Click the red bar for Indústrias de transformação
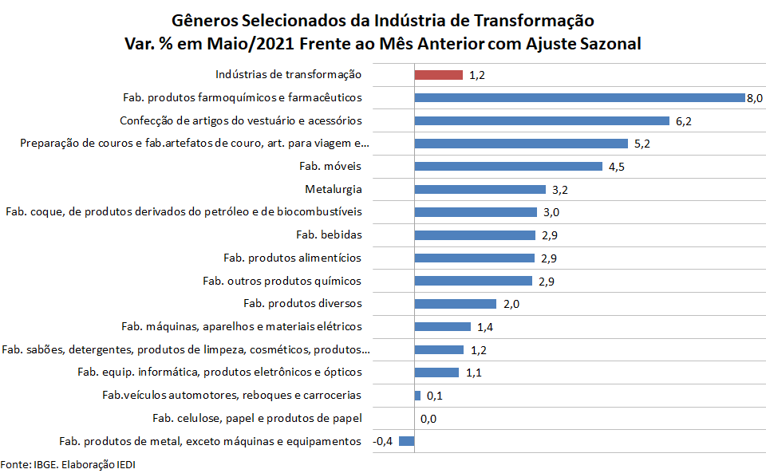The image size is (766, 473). click(438, 75)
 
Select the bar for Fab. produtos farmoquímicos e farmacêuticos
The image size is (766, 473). click(579, 98)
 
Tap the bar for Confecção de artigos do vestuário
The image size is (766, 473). click(541, 121)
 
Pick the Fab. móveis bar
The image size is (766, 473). click(508, 167)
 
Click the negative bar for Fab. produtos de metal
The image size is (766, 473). click(407, 441)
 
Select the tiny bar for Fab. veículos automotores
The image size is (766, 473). click(417, 396)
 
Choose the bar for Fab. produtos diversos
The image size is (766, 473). click(456, 304)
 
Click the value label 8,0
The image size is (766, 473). click(755, 98)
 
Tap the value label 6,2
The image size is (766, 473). click(684, 121)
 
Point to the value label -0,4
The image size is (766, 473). click(383, 442)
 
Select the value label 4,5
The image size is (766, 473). click(617, 167)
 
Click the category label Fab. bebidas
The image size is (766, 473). click(329, 235)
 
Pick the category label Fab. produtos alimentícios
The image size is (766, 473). click(293, 258)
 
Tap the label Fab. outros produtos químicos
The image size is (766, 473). click(282, 281)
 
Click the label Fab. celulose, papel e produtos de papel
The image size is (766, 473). click(257, 419)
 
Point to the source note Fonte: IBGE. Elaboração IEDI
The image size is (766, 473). click(63, 464)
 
